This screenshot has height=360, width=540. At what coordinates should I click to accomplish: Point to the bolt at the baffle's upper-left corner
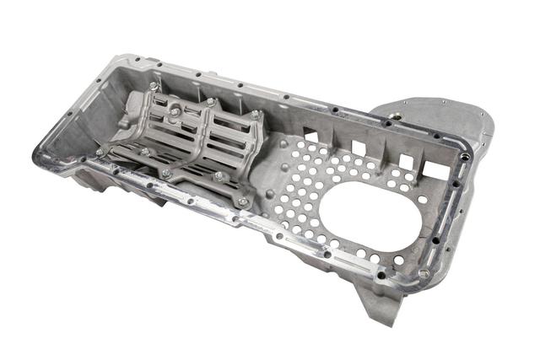pyautogui.click(x=154, y=86)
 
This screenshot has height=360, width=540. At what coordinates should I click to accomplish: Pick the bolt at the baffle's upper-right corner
pyautogui.click(x=255, y=114)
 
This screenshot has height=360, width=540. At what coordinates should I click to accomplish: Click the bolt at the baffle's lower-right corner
pyautogui.click(x=243, y=202)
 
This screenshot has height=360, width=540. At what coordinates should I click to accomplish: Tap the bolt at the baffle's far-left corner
pyautogui.click(x=100, y=152)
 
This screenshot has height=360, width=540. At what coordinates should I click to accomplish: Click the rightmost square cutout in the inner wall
pyautogui.click(x=407, y=160)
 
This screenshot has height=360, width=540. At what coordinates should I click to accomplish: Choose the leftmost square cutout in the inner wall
pyautogui.click(x=310, y=133)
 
